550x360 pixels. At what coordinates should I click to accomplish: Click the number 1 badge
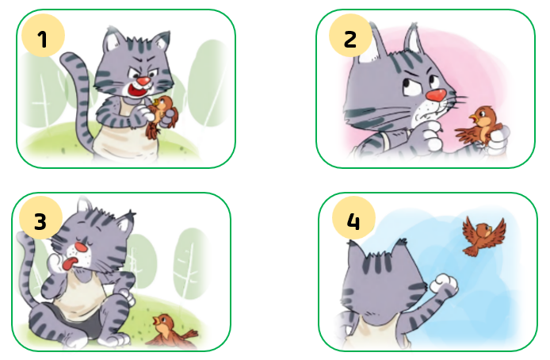pyautogui.click(x=43, y=36)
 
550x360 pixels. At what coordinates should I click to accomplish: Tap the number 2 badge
pyautogui.click(x=350, y=36)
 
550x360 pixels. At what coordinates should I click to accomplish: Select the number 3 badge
pyautogui.click(x=40, y=218)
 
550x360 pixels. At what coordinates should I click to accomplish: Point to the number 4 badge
pyautogui.click(x=354, y=218)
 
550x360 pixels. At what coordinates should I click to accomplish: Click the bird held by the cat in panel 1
pyautogui.click(x=162, y=116)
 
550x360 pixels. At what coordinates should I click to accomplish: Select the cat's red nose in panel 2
pyautogui.click(x=436, y=95)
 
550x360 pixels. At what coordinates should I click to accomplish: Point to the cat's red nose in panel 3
pyautogui.click(x=82, y=247)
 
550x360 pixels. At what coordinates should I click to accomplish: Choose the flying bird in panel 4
pyautogui.click(x=484, y=236)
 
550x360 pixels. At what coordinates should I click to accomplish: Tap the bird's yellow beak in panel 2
pyautogui.click(x=474, y=118)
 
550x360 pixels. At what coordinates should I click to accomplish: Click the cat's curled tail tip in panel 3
pyautogui.click(x=24, y=239)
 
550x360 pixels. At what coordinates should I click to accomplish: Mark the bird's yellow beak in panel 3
pyautogui.click(x=156, y=320)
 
